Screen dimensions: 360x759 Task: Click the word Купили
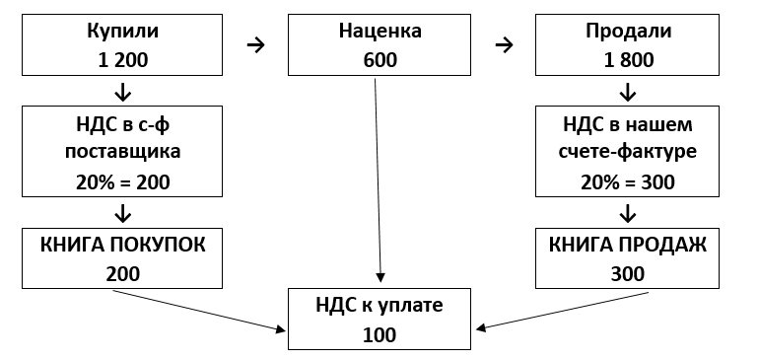tap(122, 31)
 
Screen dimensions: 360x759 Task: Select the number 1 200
tap(122, 59)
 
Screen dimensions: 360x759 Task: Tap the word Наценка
tap(379, 31)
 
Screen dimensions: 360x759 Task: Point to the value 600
tap(379, 59)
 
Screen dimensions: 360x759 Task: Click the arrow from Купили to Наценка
tap(255, 44)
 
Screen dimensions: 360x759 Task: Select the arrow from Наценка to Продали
tap(504, 44)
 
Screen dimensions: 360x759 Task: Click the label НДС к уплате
tap(379, 306)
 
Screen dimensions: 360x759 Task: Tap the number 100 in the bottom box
tap(379, 334)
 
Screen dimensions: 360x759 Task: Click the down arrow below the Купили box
tap(122, 93)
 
